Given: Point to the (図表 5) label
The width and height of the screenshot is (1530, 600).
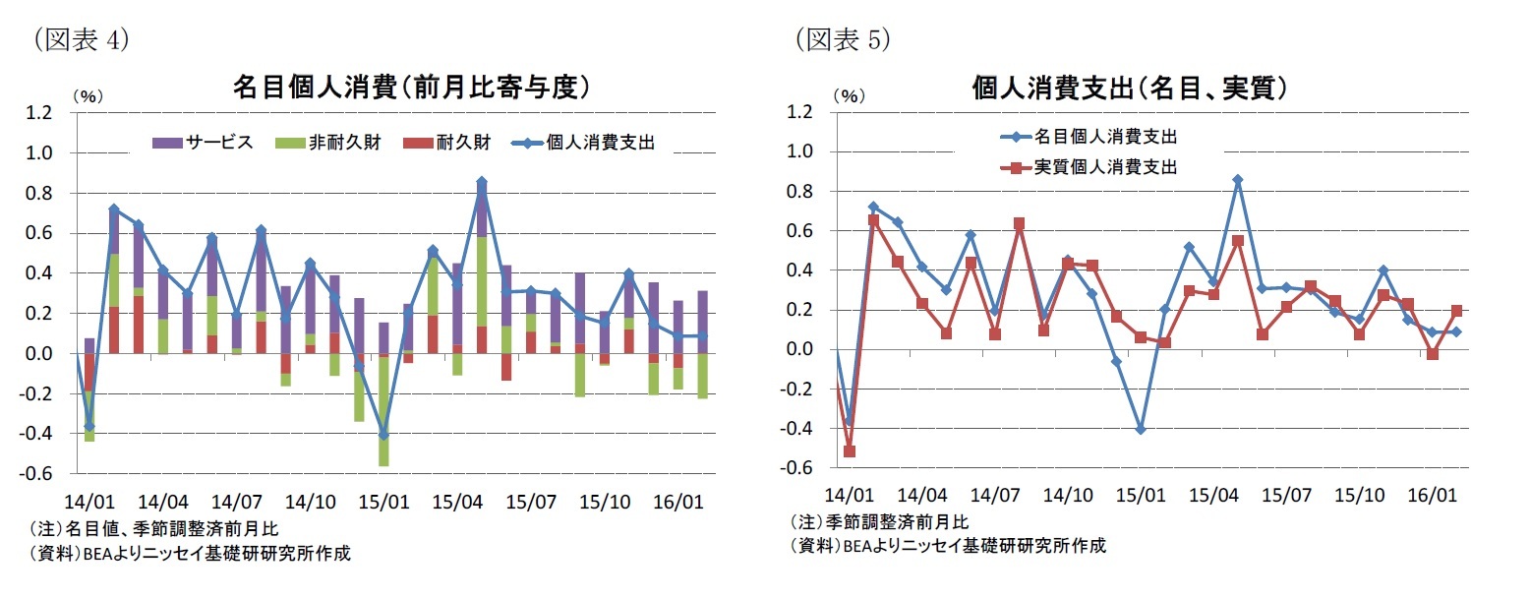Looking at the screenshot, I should click(842, 39).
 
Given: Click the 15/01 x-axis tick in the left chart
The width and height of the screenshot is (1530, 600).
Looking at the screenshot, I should click(383, 502).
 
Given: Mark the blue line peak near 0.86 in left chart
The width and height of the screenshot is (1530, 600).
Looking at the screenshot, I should click(481, 182).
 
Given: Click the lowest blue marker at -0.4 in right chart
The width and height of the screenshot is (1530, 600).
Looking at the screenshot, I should click(1141, 429).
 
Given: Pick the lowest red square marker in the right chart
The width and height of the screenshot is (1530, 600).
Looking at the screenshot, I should click(849, 451).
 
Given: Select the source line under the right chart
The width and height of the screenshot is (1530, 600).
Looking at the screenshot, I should click(948, 545).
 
